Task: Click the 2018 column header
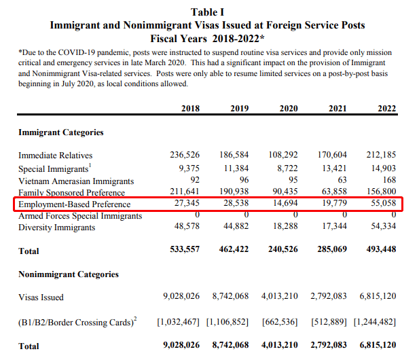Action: point(190,108)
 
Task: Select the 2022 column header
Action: point(386,108)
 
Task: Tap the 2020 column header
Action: point(289,108)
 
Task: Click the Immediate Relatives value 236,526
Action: point(185,155)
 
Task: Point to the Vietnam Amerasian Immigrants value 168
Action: point(389,179)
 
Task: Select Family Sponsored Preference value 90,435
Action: point(285,192)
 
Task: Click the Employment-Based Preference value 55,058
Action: point(384,203)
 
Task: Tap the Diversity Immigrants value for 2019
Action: point(236,226)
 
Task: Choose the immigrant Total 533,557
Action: point(185,249)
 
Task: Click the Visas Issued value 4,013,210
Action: point(280,296)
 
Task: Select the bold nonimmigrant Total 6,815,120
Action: point(378,345)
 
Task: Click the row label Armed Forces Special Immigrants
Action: point(80,216)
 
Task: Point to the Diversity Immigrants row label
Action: point(56,228)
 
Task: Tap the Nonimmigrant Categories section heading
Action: point(69,274)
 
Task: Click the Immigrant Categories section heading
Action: point(61,132)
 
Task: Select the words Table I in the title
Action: point(207,12)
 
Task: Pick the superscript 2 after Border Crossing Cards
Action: point(135,319)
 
